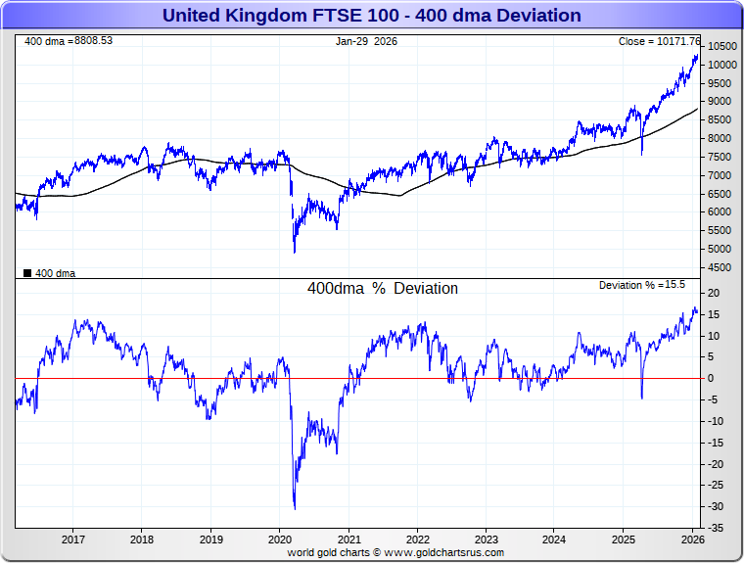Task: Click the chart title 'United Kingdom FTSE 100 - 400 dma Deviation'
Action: tap(371, 15)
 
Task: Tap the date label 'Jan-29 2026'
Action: tap(366, 41)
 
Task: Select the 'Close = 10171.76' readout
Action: tap(660, 41)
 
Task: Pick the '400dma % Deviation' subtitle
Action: tap(383, 289)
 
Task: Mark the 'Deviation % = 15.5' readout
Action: tap(642, 285)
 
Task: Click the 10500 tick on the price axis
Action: tap(722, 46)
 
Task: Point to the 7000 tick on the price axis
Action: tap(720, 175)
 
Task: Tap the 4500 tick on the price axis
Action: tap(720, 266)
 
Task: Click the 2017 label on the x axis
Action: tap(72, 539)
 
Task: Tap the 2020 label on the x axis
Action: tap(280, 539)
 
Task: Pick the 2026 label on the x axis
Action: tap(692, 539)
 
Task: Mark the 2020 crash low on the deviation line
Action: tap(295, 508)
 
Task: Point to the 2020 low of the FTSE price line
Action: tap(295, 253)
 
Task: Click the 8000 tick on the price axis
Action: tap(720, 138)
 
